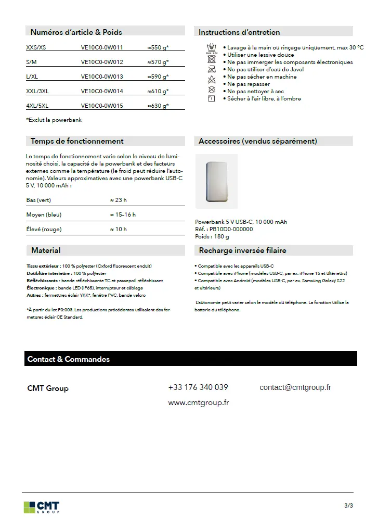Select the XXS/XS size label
36,47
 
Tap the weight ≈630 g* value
158,106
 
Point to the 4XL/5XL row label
37,106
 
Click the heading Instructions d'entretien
239,32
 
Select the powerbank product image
216,181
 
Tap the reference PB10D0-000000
231,229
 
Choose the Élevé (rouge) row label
44,229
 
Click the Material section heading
46,250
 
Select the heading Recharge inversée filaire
242,250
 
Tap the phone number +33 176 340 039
198,387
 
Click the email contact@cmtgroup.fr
295,387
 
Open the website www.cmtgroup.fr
198,402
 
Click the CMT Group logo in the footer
42,507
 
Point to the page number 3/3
348,506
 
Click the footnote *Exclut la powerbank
54,120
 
